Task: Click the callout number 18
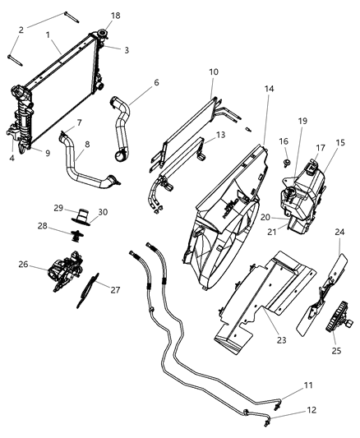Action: click(115, 16)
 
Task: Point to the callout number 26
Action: click(23, 265)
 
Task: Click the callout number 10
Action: click(213, 72)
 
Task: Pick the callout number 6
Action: click(156, 82)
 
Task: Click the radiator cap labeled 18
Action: click(104, 34)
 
